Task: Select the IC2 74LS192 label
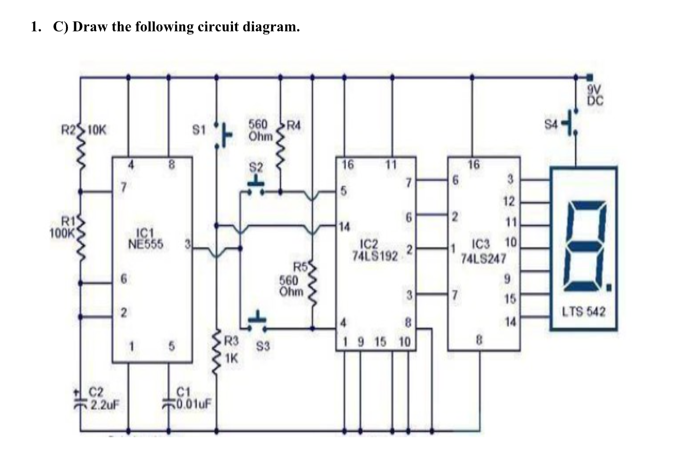[374, 250]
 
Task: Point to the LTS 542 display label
[583, 312]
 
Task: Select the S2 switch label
[256, 168]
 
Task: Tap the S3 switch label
[263, 347]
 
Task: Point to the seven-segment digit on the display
[584, 247]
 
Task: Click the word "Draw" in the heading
[90, 27]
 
